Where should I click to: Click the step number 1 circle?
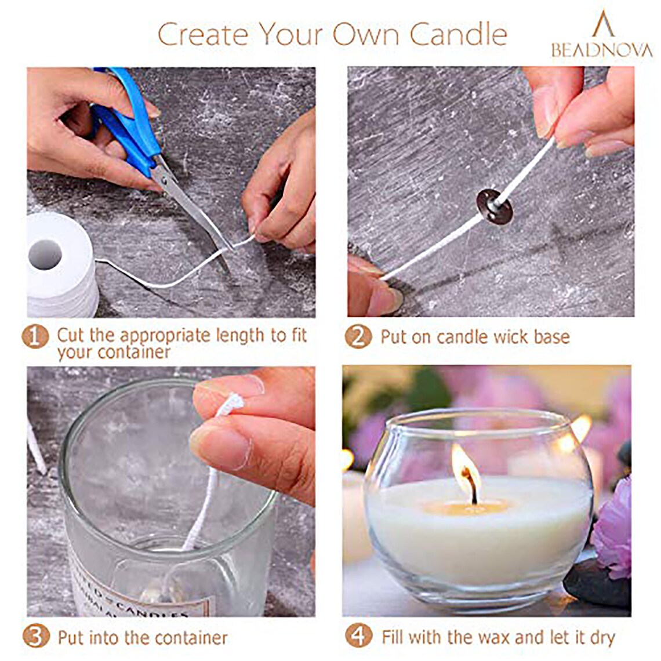[35, 337]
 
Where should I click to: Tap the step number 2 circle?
[358, 337]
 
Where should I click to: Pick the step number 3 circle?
[36, 637]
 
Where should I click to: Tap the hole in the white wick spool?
[45, 253]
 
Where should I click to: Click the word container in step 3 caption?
[185, 638]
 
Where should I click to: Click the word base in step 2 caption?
[546, 337]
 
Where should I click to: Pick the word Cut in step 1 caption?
[70, 335]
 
